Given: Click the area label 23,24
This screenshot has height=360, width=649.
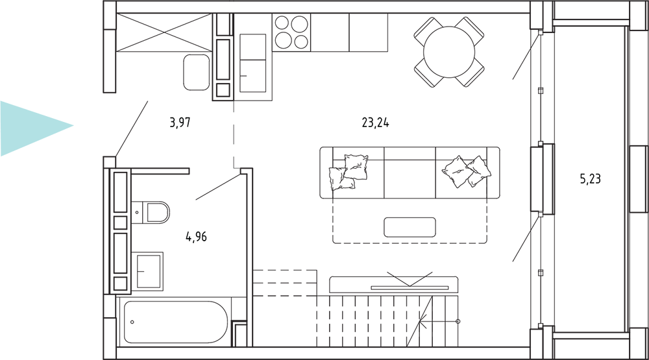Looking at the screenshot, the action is (x=375, y=123).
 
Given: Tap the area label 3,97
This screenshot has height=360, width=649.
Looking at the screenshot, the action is (x=180, y=123).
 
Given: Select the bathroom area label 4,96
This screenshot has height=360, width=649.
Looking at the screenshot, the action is (x=196, y=237).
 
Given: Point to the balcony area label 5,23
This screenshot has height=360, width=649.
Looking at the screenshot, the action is (x=590, y=179).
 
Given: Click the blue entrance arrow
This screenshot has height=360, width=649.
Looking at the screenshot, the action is (x=37, y=128).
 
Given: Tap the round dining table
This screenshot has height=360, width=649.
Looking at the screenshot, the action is (x=449, y=52).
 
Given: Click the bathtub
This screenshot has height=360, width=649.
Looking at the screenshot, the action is (x=175, y=322).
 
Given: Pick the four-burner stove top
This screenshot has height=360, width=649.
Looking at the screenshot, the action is (x=291, y=32).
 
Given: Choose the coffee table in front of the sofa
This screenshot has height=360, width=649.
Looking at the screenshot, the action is (x=410, y=227).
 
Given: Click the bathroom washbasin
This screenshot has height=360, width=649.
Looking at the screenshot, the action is (x=147, y=271).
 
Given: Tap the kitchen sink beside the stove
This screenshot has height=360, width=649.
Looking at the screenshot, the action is (x=252, y=63).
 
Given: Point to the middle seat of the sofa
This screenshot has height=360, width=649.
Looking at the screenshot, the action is (x=410, y=173).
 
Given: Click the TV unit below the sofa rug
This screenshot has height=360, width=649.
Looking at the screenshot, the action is (x=394, y=285).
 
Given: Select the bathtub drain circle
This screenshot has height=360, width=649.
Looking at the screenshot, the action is (x=132, y=322).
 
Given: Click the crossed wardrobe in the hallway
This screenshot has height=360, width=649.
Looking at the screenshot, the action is (x=164, y=32).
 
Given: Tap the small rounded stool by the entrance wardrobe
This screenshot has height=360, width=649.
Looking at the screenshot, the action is (x=197, y=72).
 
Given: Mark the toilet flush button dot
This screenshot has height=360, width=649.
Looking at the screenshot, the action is (x=137, y=213).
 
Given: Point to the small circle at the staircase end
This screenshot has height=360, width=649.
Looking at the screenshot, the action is (x=458, y=321).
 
